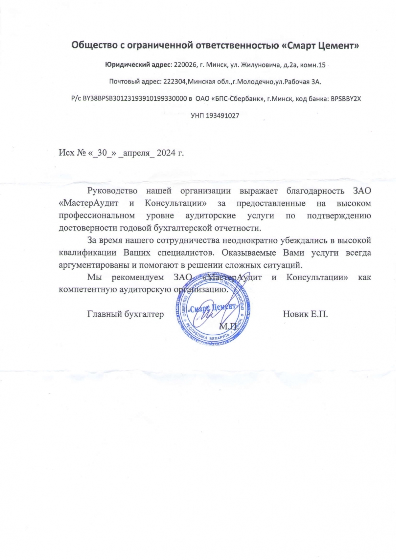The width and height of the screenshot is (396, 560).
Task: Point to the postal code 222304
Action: pyautogui.click(x=174, y=82)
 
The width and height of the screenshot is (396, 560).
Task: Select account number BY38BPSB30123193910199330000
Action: pyautogui.click(x=135, y=98)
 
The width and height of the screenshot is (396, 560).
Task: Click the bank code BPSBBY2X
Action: pyautogui.click(x=346, y=98)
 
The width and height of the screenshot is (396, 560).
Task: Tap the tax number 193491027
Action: pyautogui.click(x=222, y=116)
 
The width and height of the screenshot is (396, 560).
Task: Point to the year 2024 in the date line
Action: pyautogui.click(x=166, y=153)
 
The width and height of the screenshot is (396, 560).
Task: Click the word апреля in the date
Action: pyautogui.click(x=136, y=153)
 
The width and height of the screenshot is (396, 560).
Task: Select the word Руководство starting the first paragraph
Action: pyautogui.click(x=112, y=191)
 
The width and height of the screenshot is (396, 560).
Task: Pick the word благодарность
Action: pyautogui.click(x=315, y=191)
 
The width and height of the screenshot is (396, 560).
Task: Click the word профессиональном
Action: pyautogui.click(x=96, y=216)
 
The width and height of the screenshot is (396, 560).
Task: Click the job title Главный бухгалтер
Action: pyautogui.click(x=125, y=314)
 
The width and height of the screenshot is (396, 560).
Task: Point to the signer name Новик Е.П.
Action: pyautogui.click(x=305, y=314)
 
